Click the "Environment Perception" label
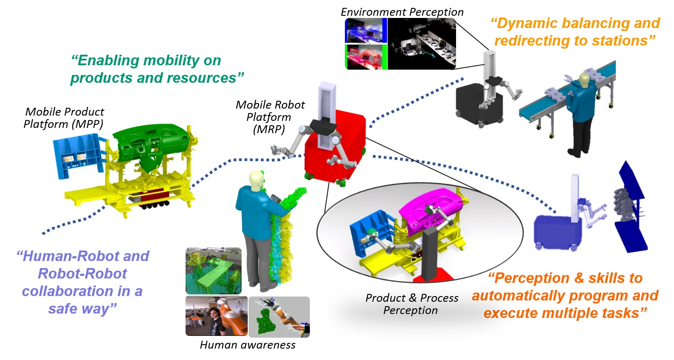tap(402, 12)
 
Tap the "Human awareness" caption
tap(248, 345)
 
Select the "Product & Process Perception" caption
tap(411, 304)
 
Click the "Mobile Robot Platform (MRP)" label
tap(270, 117)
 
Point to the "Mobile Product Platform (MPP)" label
tap(64, 118)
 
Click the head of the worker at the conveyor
tap(584, 79)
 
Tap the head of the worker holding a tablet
tap(256, 180)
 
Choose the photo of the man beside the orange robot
tap(217, 316)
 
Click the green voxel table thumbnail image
tap(214, 271)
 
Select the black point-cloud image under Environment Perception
tap(422, 44)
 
